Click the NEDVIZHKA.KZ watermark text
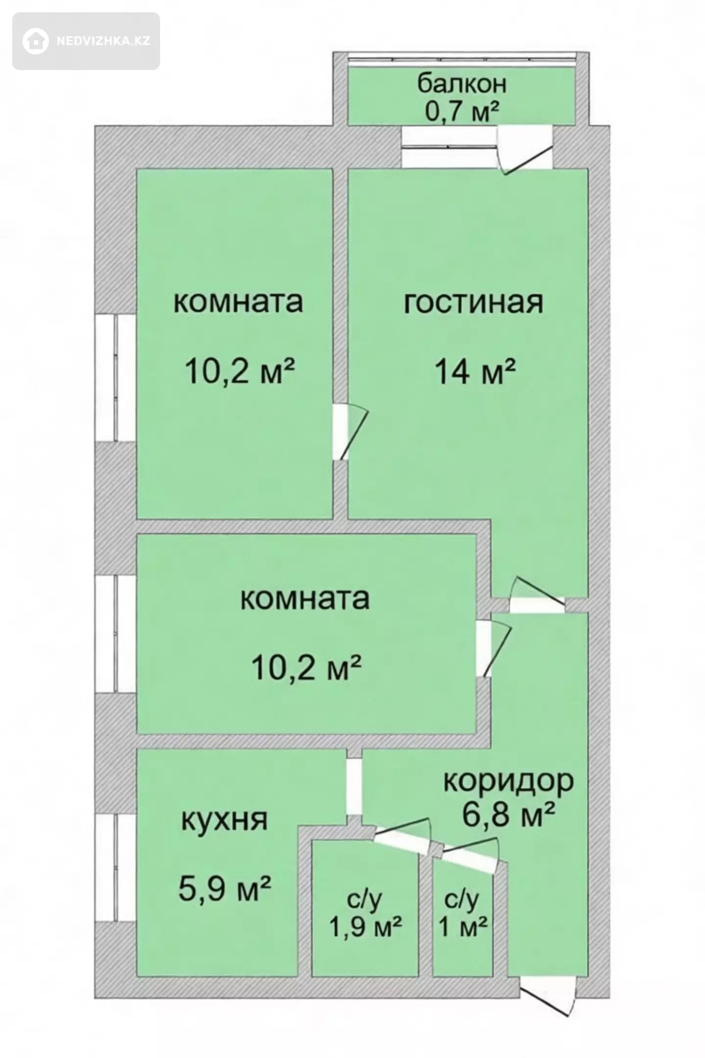click(x=103, y=41)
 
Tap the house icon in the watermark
click(x=35, y=41)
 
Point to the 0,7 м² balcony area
click(x=462, y=111)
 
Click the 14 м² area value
click(x=475, y=372)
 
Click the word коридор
click(x=509, y=781)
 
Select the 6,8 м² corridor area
click(x=509, y=815)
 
